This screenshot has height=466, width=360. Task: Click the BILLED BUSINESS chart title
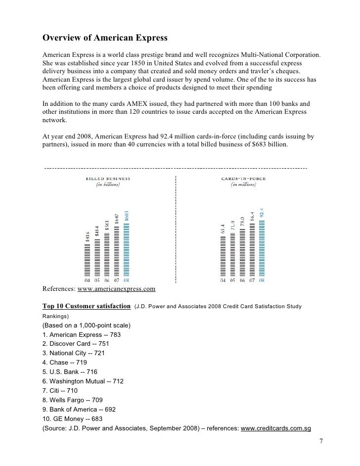pyautogui.click(x=108, y=178)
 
